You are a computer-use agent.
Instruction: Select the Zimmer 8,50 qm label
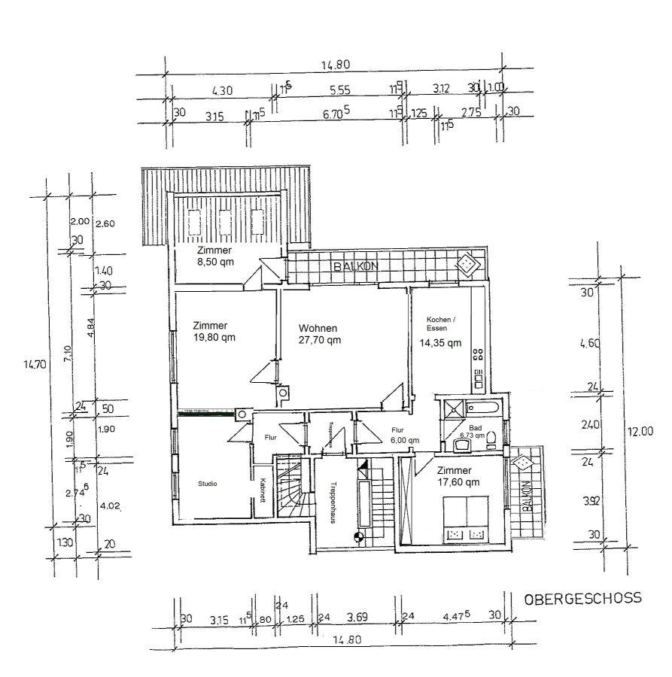click(x=214, y=256)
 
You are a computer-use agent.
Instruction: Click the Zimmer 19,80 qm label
click(x=214, y=331)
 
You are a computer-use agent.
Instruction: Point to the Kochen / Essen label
click(x=440, y=323)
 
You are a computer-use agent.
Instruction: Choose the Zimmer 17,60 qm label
click(x=458, y=475)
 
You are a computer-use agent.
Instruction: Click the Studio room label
click(x=208, y=484)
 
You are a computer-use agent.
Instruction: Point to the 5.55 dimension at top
click(x=340, y=90)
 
